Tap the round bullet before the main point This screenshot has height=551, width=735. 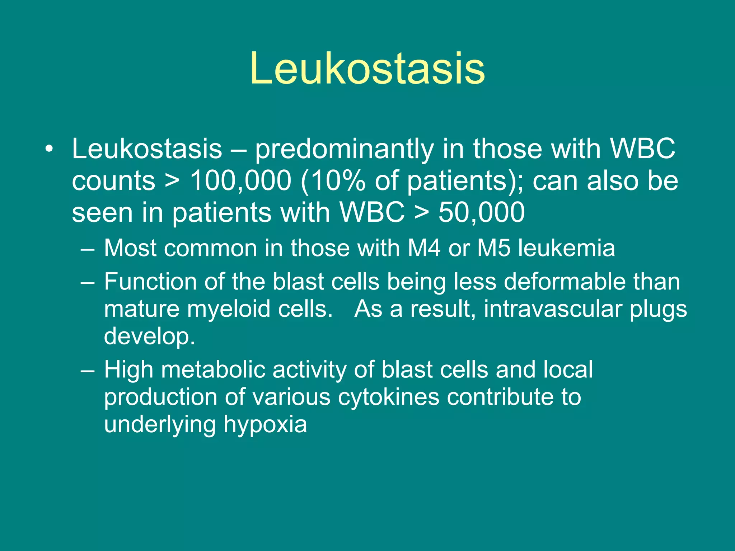coord(49,149)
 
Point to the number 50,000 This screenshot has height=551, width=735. coord(482,212)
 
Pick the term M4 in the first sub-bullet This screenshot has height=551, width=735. coord(424,248)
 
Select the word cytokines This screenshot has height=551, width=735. coord(389,397)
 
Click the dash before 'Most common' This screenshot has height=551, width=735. coord(88,249)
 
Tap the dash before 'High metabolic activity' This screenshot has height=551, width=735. coord(88,370)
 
